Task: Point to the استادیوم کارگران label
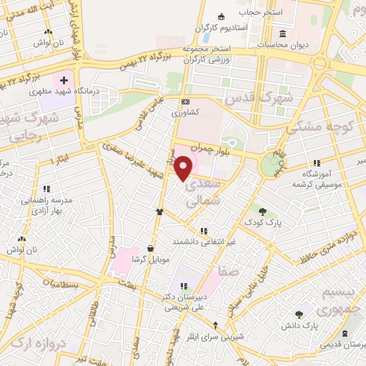[x=222, y=27]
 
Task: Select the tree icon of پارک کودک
[x=263, y=212]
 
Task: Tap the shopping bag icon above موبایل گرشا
[x=149, y=247]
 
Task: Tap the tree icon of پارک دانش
[x=299, y=315]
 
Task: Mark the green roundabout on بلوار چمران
[x=270, y=164]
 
